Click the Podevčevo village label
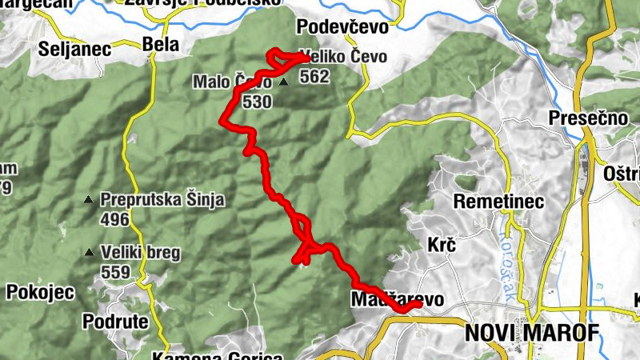point(342,27)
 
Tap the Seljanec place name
point(74,49)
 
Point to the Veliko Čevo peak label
point(346,58)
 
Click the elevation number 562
point(314,77)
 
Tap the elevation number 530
point(257,102)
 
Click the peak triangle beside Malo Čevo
point(284,82)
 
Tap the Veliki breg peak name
point(140,253)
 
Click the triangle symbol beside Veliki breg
point(89,253)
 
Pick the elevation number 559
point(116,272)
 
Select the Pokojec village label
point(40,292)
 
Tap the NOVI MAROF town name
point(531,331)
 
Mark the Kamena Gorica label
point(217,354)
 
